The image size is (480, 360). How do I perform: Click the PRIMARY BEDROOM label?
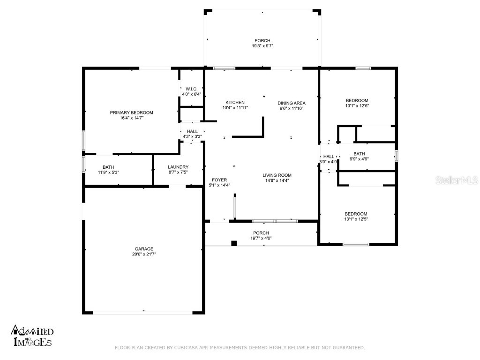click(131, 112)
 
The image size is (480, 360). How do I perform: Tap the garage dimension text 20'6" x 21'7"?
click(144, 254)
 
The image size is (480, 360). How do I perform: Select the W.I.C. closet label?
click(191, 89)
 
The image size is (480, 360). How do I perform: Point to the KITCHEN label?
click(235, 102)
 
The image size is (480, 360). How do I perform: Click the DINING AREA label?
click(292, 103)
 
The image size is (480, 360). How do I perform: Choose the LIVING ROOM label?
click(277, 175)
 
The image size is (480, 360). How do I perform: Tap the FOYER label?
click(219, 180)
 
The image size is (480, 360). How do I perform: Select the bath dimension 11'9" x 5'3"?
click(108, 172)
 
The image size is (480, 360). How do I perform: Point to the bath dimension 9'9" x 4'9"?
click(359, 159)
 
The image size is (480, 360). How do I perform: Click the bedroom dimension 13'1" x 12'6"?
click(357, 105)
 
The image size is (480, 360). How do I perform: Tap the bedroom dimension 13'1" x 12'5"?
click(357, 219)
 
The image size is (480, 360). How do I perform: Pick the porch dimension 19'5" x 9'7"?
click(262, 46)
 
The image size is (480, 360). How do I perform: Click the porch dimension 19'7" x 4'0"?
click(261, 238)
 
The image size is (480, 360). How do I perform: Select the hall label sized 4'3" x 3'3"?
click(192, 137)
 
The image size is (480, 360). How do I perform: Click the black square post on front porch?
click(234, 243)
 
